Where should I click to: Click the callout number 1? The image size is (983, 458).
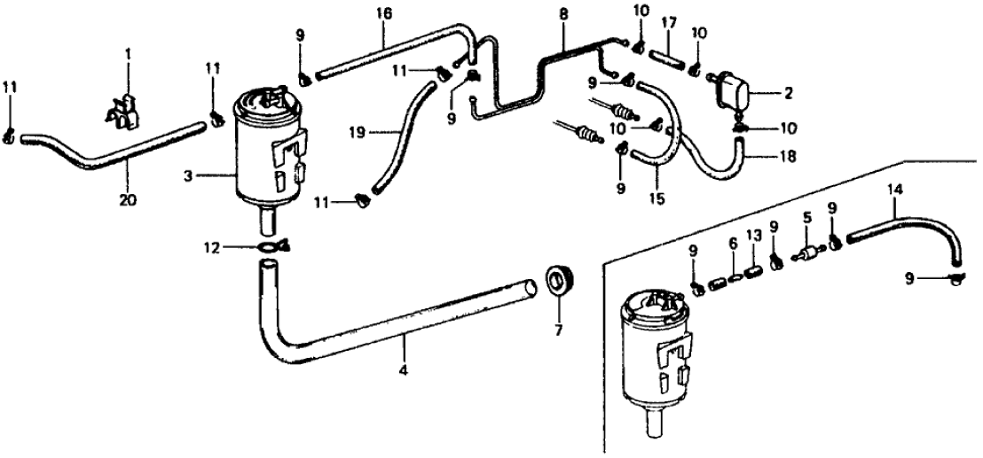pyautogui.click(x=126, y=54)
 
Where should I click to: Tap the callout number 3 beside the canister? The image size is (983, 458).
pyautogui.click(x=188, y=177)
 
